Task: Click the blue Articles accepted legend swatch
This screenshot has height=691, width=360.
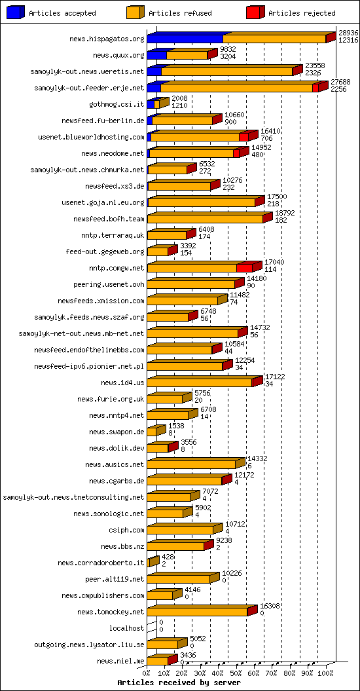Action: pyautogui.click(x=16, y=12)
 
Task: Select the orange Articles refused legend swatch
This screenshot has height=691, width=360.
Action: pyautogui.click(x=135, y=12)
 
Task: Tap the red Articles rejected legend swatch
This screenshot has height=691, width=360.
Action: pyautogui.click(x=255, y=12)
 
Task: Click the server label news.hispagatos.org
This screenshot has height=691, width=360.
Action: pyautogui.click(x=107, y=39)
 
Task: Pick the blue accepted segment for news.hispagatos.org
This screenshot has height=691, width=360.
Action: pyautogui.click(x=185, y=39)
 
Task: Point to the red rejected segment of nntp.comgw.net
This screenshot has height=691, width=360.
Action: pyautogui.click(x=244, y=268)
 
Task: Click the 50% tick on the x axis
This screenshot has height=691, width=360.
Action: pyautogui.click(x=240, y=673)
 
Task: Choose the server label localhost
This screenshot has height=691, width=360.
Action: pyautogui.click(x=126, y=628)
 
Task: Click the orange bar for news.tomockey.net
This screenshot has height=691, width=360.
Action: pyautogui.click(x=196, y=612)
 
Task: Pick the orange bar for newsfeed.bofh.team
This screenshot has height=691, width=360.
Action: pyautogui.click(x=204, y=219)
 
